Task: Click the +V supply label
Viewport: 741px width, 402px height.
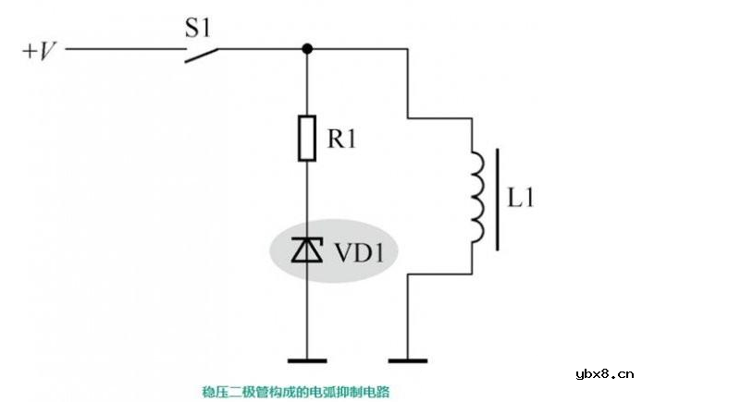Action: coord(40,49)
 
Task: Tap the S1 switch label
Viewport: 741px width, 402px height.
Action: coord(198,27)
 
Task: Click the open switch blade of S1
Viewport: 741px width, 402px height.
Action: coord(200,55)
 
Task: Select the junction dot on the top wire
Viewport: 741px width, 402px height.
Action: coord(306,48)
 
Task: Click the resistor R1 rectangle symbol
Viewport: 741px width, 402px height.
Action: coord(306,139)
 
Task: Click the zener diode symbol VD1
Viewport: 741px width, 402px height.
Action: coord(306,250)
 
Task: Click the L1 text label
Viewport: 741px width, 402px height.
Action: coord(523,198)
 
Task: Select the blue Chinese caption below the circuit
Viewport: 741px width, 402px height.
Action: coord(296,391)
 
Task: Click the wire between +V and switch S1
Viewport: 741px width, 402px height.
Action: coord(120,49)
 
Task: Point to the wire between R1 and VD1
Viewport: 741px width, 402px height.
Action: coord(306,199)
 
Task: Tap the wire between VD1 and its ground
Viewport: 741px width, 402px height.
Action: coord(306,314)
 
